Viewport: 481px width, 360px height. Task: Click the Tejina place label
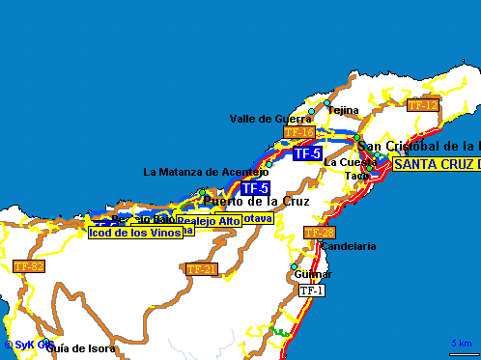click(x=343, y=111)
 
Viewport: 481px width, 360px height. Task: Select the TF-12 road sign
click(x=422, y=104)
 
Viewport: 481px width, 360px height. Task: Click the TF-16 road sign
click(x=299, y=131)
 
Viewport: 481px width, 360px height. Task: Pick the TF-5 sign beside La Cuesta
click(x=307, y=152)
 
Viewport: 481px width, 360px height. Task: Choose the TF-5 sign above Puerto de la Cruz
click(x=255, y=187)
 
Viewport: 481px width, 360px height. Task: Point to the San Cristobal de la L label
click(x=419, y=146)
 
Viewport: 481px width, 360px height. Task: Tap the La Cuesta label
click(x=343, y=161)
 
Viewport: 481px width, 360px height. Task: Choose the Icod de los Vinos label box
click(x=134, y=233)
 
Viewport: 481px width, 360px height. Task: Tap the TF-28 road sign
click(x=319, y=233)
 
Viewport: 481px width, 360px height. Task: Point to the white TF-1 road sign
click(x=311, y=290)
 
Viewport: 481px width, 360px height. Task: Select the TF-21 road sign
click(x=201, y=268)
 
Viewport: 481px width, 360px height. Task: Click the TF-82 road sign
click(x=28, y=264)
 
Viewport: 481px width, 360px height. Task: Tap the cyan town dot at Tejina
click(x=327, y=102)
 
